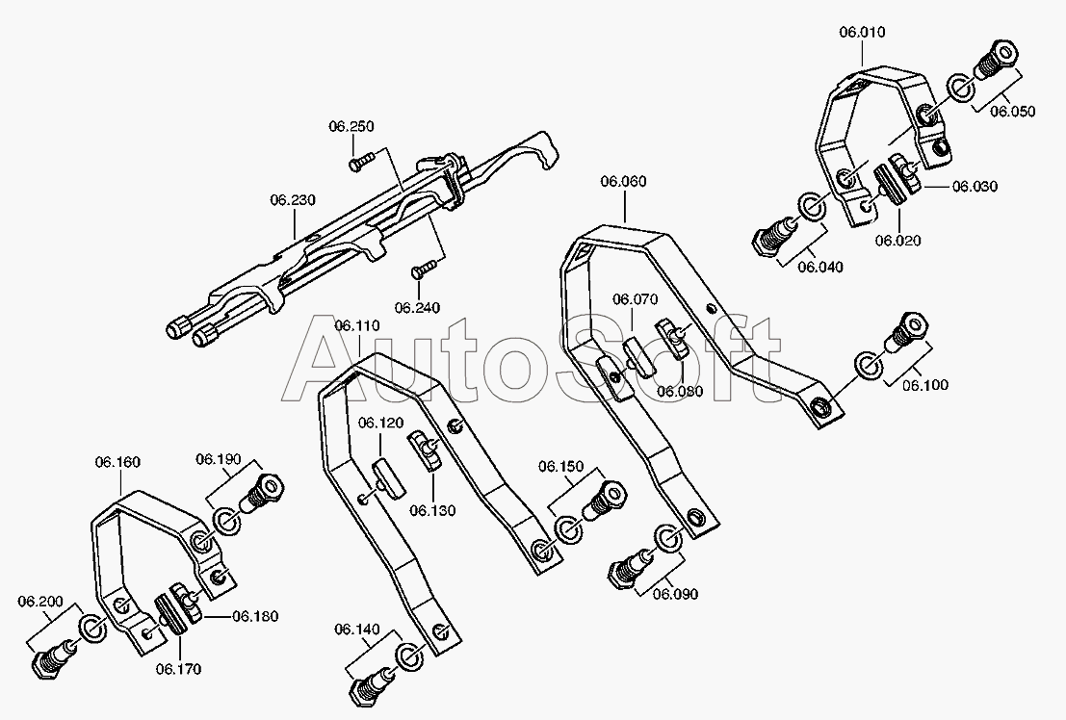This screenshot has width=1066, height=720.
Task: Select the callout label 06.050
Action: click(x=1012, y=112)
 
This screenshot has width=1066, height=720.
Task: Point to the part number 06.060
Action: click(x=623, y=181)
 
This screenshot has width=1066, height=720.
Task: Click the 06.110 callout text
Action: click(x=357, y=326)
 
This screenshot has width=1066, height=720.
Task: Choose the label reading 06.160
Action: click(x=117, y=462)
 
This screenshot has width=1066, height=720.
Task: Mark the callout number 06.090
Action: click(x=675, y=594)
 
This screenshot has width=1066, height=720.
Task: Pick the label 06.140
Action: click(x=357, y=630)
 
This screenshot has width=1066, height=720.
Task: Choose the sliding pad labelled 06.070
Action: click(x=638, y=354)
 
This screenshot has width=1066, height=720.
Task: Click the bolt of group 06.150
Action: click(x=605, y=500)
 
